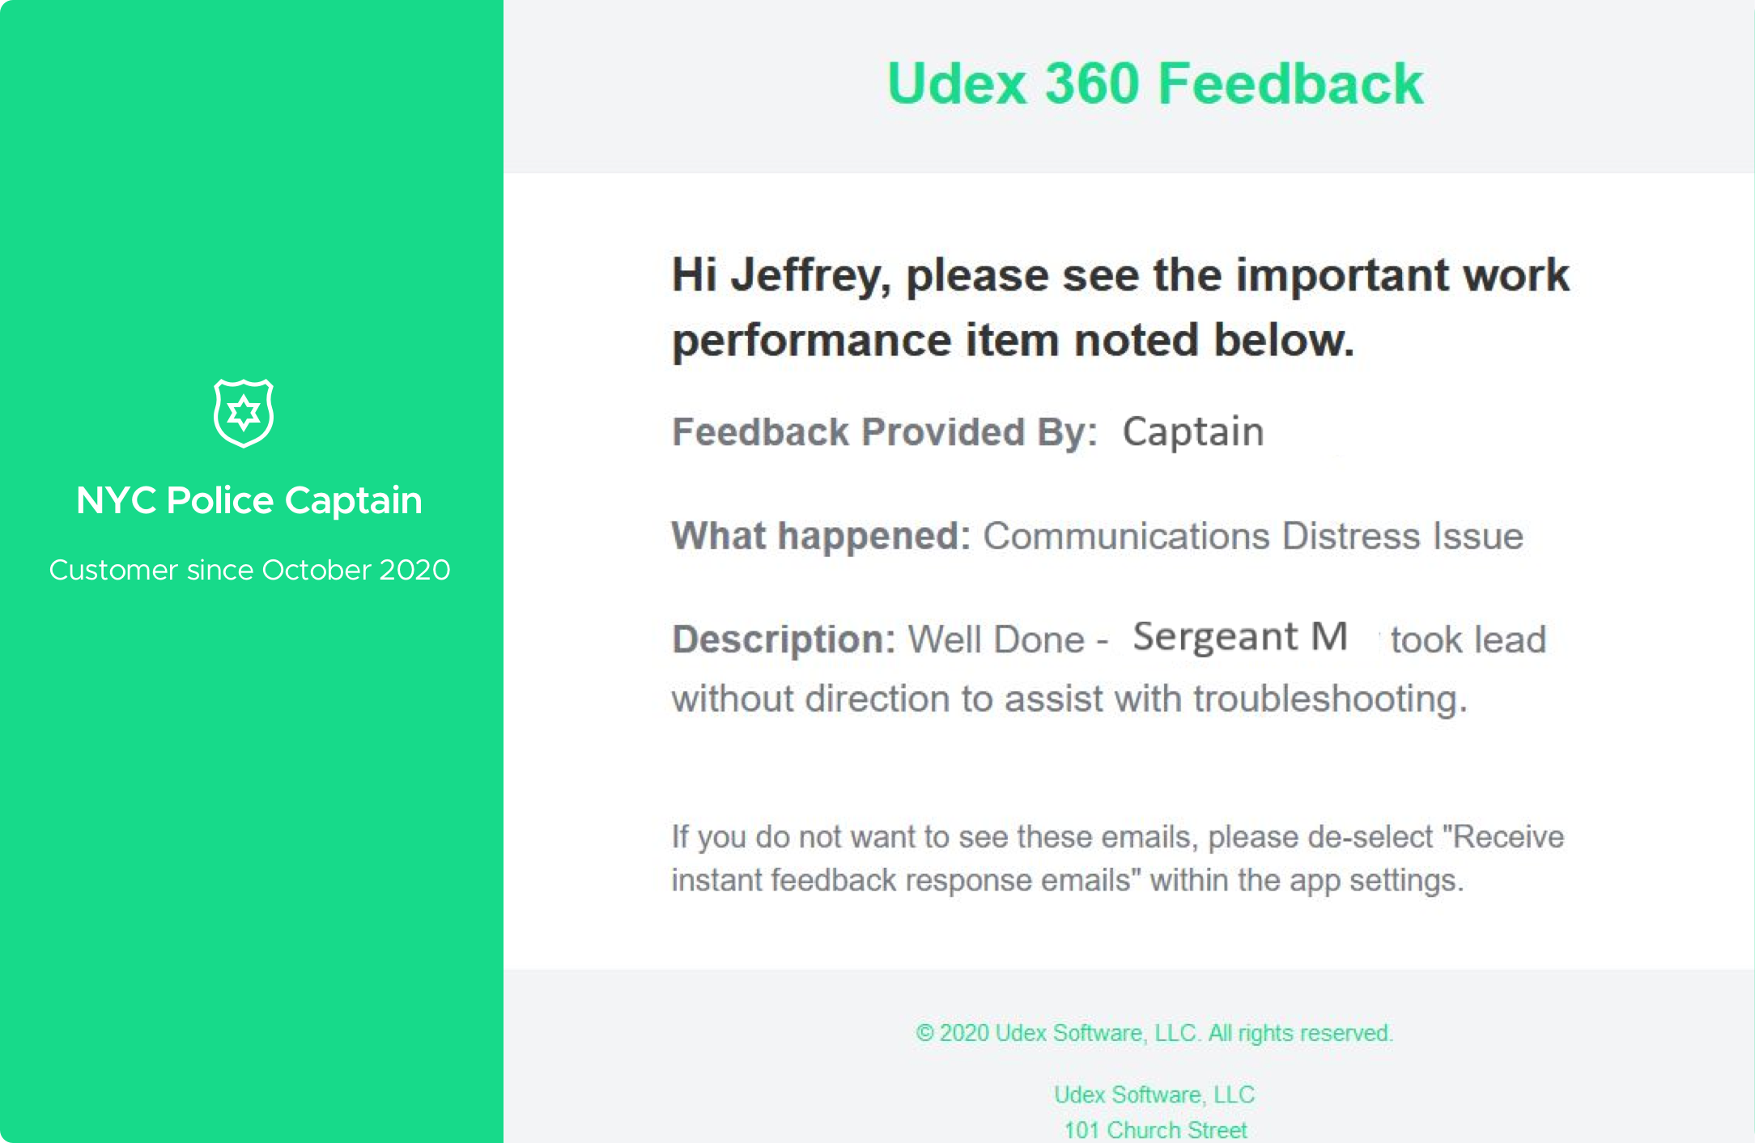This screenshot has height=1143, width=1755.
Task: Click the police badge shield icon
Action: click(x=244, y=413)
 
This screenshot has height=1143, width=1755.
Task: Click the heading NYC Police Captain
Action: click(x=249, y=500)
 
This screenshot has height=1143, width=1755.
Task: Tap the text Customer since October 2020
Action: click(x=249, y=570)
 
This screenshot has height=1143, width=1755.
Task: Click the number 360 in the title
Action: click(x=1092, y=83)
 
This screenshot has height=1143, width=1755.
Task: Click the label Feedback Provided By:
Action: click(x=885, y=431)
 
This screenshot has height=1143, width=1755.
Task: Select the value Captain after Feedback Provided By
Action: click(x=1193, y=432)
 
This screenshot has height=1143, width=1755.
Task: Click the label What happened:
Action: click(x=821, y=536)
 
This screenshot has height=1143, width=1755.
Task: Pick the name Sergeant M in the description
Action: click(x=1240, y=637)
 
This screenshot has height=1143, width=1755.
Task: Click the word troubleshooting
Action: click(x=1330, y=699)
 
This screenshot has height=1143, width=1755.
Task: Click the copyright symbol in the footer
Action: click(x=924, y=1033)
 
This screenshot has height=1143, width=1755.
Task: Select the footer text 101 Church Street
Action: click(x=1155, y=1130)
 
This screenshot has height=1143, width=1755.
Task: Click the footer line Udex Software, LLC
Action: click(x=1154, y=1094)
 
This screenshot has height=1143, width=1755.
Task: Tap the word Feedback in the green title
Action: click(x=1290, y=83)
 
